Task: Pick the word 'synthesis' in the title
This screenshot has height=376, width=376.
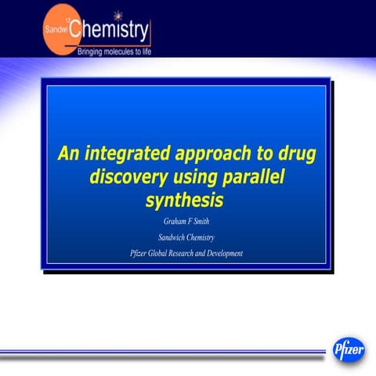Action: coord(185,201)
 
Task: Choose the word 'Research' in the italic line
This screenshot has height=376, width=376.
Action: coord(193,253)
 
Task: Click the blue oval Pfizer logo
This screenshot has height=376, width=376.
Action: coord(349,349)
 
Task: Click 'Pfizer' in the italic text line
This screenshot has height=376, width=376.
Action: coord(139,253)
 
